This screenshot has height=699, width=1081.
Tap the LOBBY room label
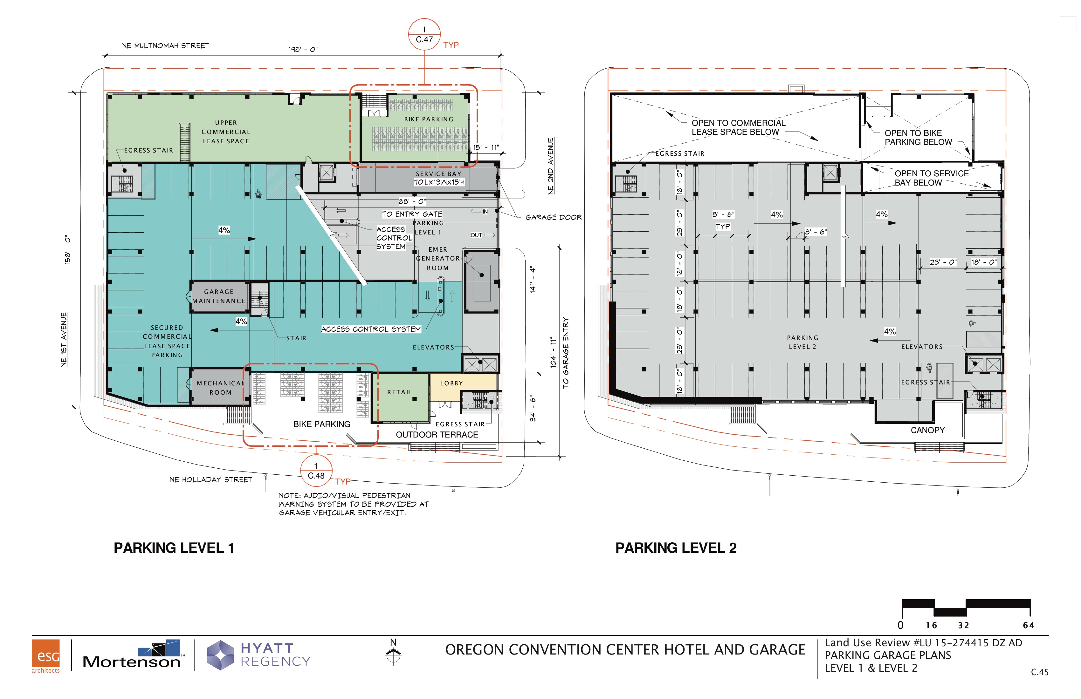pos(451,383)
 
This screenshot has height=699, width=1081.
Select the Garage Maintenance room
pos(219,297)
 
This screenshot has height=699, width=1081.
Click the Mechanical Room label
pos(220,388)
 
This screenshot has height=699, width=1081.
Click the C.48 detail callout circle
pos(316,471)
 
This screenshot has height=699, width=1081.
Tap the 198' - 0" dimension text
pos(303,50)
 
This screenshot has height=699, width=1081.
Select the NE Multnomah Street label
pos(166,46)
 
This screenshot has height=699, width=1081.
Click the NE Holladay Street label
pos(211,480)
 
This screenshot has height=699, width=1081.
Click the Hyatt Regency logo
pos(259,655)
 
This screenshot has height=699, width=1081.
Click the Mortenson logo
pos(133,655)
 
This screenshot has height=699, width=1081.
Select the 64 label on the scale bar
pos(1029,626)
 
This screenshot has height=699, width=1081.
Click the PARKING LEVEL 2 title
pos(676,548)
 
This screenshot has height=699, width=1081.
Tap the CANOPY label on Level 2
pos(927,430)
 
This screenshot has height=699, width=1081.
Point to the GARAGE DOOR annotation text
pos(554,217)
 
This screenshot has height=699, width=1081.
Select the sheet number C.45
pos(1040,672)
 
